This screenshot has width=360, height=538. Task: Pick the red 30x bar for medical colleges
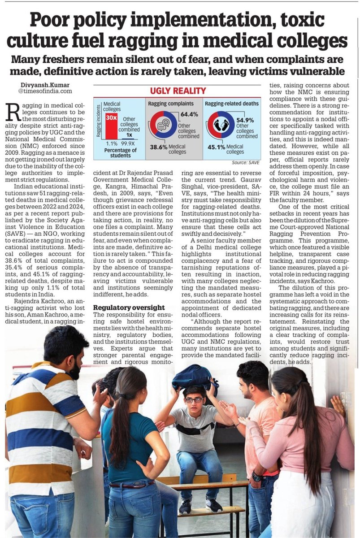(110, 124)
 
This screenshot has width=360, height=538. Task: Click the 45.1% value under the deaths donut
(217, 146)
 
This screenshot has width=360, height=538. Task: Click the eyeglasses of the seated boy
(194, 399)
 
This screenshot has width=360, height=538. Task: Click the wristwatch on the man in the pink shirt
(256, 476)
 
